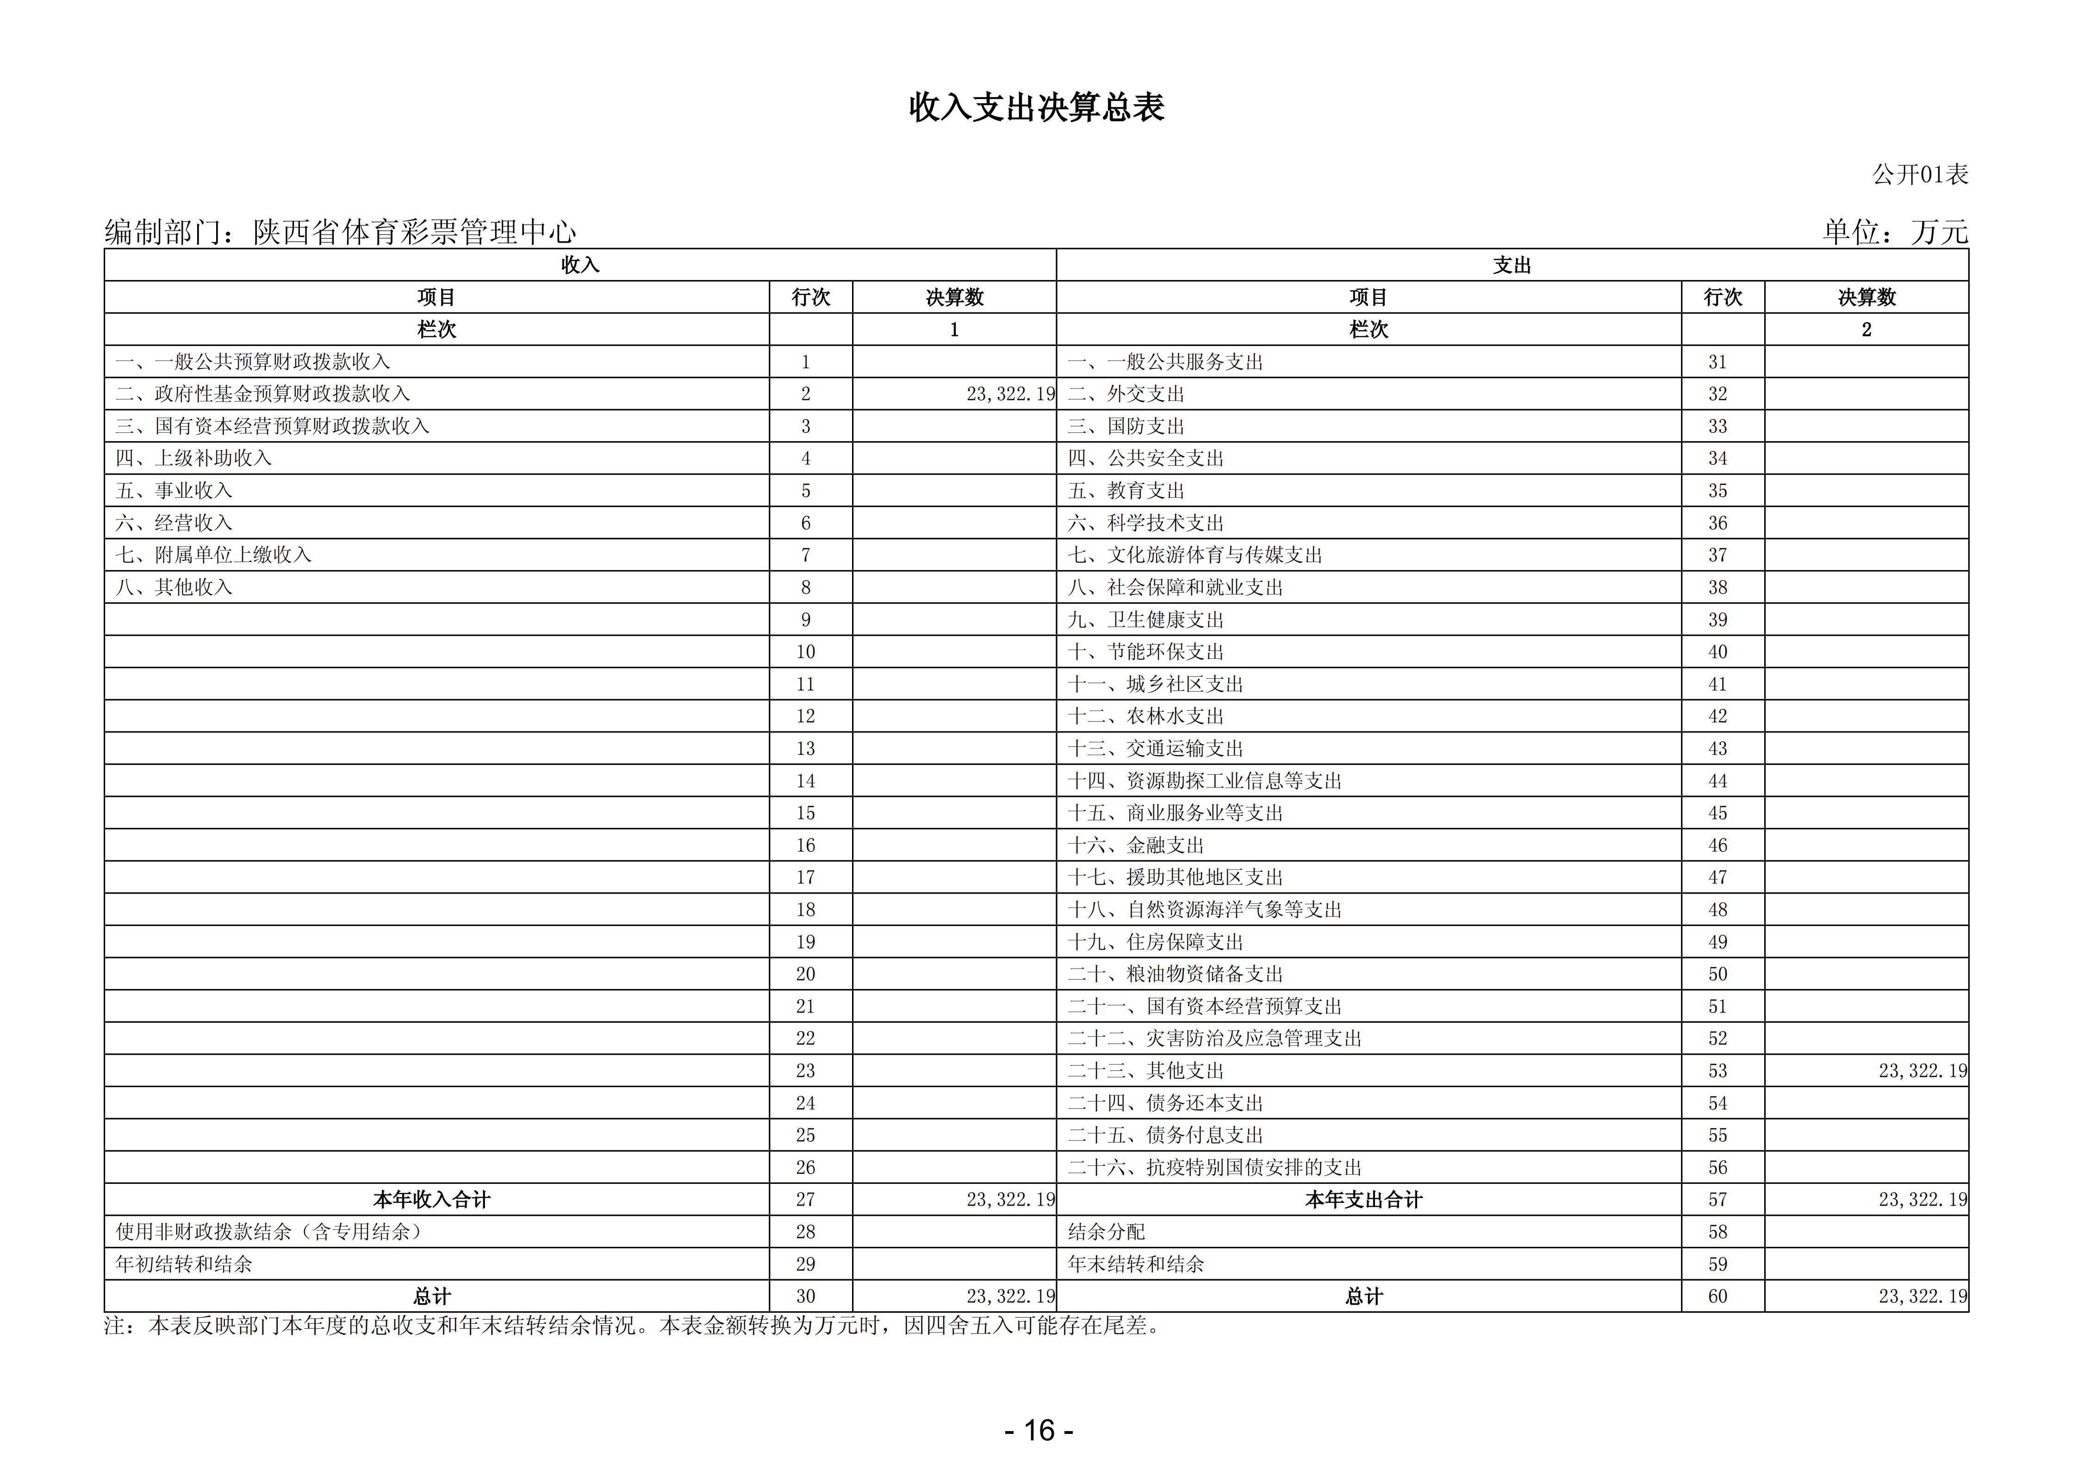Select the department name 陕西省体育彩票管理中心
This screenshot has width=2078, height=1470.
click(x=415, y=232)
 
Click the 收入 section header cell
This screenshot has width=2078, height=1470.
click(x=580, y=265)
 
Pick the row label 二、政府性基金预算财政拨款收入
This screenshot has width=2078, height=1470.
click(x=262, y=394)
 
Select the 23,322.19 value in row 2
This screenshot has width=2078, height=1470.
click(x=1010, y=394)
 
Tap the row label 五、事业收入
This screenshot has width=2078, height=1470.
click(x=174, y=491)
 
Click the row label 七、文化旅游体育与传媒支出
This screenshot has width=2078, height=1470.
click(x=1195, y=555)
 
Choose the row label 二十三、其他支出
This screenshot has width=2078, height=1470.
click(x=1146, y=1071)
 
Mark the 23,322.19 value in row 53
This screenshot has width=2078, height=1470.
click(x=1922, y=1071)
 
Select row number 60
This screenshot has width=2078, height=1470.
click(x=1718, y=1296)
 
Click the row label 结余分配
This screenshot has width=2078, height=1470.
click(x=1106, y=1232)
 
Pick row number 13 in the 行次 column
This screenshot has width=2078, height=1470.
click(x=805, y=749)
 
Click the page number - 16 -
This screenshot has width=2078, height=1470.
click(x=1039, y=1430)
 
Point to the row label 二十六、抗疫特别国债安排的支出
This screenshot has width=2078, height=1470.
click(x=1214, y=1168)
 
